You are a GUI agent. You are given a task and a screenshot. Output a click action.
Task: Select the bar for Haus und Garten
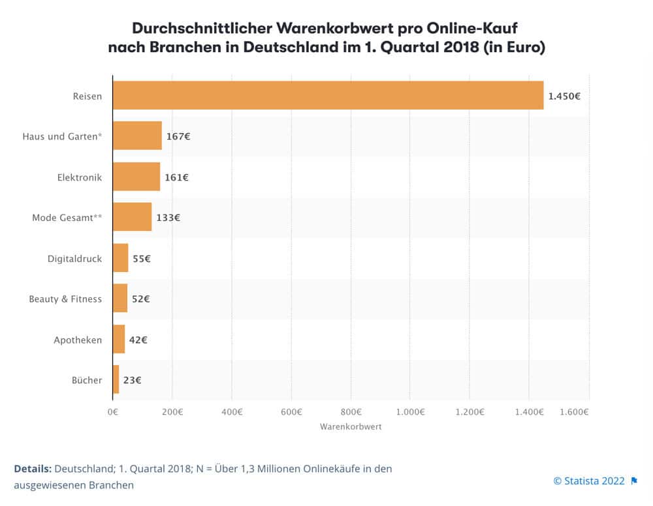point(137,136)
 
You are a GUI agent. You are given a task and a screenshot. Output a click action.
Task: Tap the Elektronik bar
point(136,177)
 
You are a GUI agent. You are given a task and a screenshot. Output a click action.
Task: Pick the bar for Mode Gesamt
point(132,217)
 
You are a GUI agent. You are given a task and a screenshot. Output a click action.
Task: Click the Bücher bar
point(116,379)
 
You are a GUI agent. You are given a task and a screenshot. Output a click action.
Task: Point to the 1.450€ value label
point(564,96)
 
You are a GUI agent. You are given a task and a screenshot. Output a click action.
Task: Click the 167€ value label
point(178,136)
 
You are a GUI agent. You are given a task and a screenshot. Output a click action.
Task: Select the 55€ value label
point(142,258)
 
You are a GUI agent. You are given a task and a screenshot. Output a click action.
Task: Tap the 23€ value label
point(133,379)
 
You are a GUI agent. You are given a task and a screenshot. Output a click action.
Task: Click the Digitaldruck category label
point(74,258)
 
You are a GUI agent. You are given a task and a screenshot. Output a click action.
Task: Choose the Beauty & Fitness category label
point(65,299)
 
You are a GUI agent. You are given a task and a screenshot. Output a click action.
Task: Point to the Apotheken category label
point(78,340)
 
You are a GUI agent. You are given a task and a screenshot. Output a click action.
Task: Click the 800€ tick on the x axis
point(351,411)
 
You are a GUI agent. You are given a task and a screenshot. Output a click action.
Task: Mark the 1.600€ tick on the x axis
point(575,411)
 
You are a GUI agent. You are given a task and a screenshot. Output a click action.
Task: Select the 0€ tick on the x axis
point(113,411)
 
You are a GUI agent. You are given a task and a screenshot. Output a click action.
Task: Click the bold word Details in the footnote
point(33,469)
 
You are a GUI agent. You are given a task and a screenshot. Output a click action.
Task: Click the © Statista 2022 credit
point(589,481)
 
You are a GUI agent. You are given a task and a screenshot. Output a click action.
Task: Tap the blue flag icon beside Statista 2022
point(634,481)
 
